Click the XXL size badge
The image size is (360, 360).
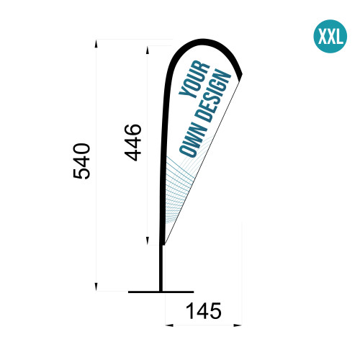tap(330, 36)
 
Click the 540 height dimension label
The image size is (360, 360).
tap(81, 161)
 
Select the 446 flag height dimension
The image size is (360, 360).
tap(132, 143)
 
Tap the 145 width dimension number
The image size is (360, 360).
tap(204, 311)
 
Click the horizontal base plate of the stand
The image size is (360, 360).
tap(161, 292)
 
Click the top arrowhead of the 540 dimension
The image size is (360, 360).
tap(96, 44)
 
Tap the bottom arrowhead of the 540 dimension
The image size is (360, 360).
tap(96, 287)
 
